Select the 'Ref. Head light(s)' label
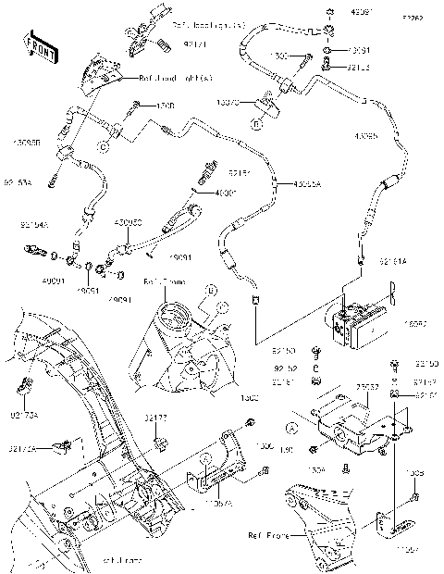point(176,80)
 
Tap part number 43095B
point(24,142)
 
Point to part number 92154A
point(35,224)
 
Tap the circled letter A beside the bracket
point(291,429)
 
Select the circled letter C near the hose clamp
point(105,145)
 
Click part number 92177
point(154,418)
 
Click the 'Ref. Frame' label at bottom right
point(268,535)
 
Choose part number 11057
point(410,549)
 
